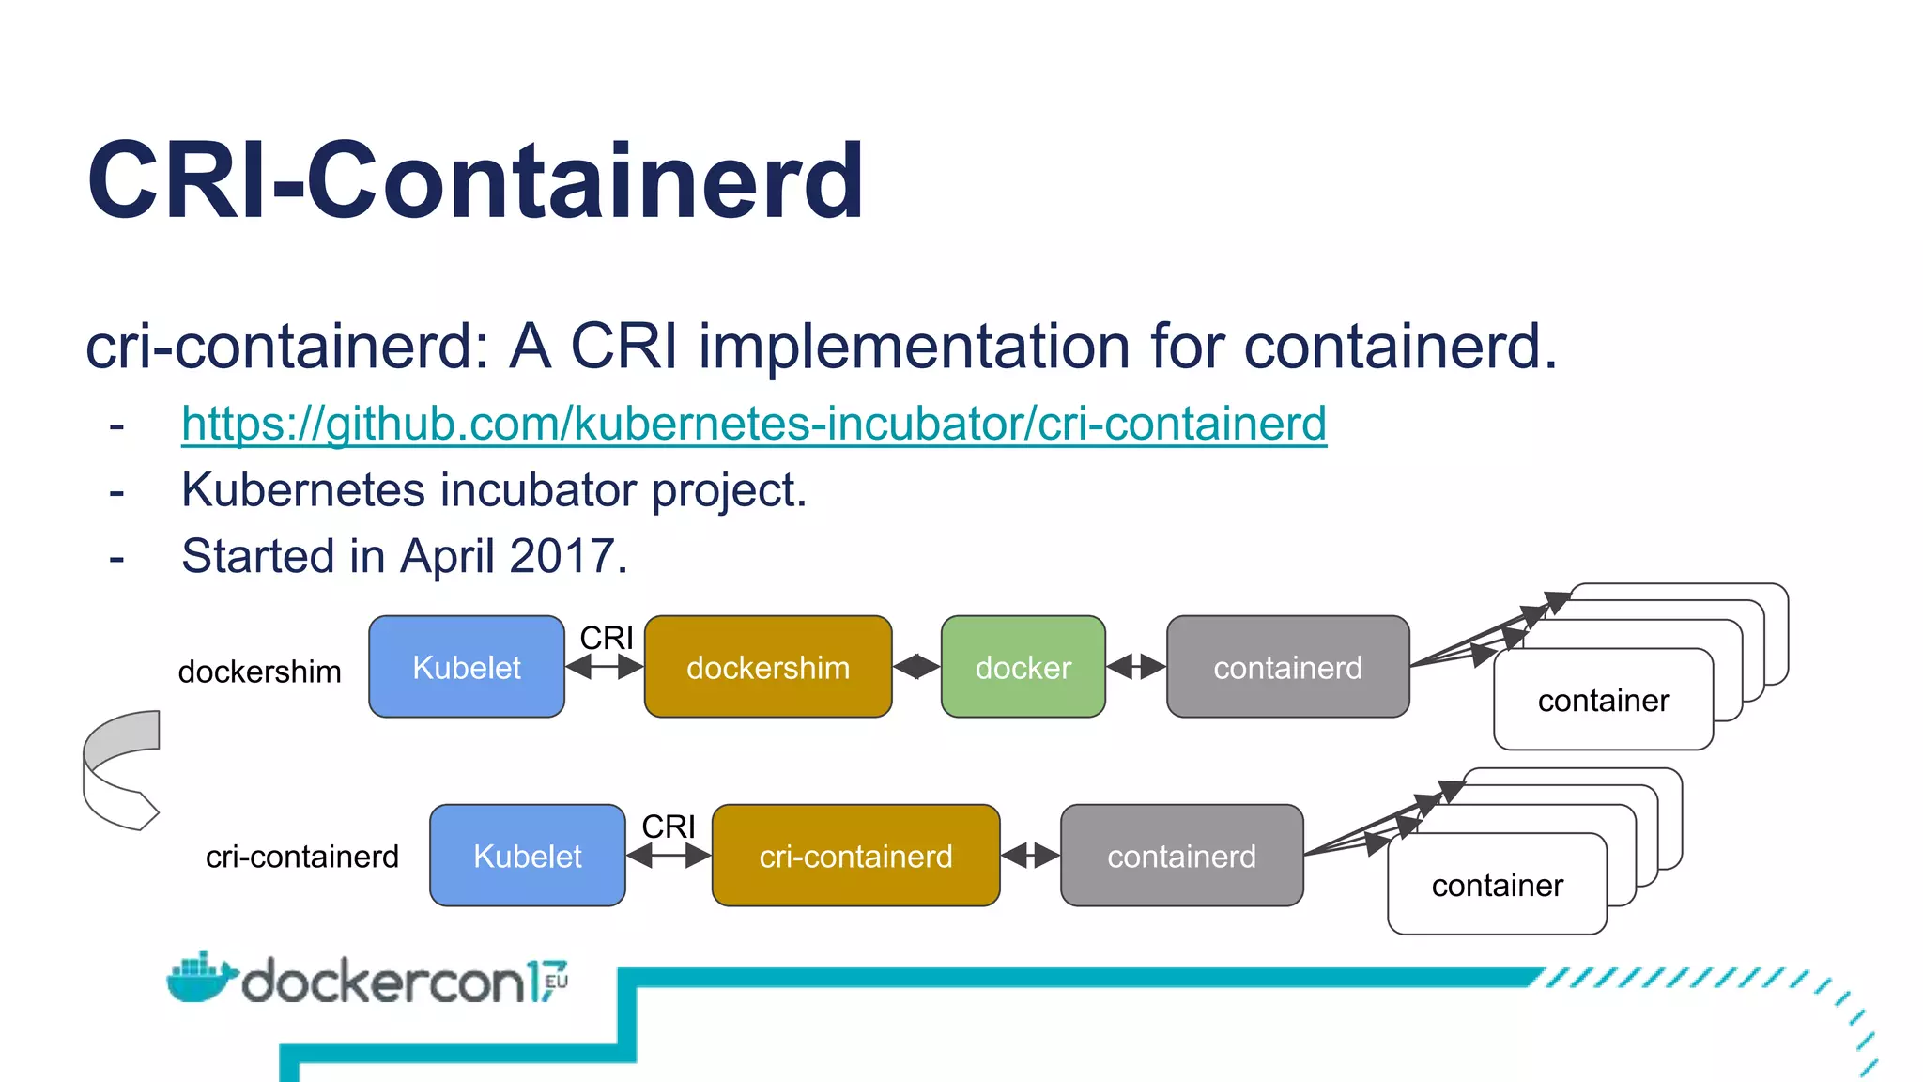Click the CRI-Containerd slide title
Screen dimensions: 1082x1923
(x=475, y=180)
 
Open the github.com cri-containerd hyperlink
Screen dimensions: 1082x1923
(x=753, y=424)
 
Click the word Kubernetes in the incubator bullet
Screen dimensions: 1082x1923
(x=302, y=490)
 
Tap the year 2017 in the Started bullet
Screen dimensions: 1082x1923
(x=562, y=556)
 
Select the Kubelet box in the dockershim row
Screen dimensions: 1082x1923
(x=467, y=668)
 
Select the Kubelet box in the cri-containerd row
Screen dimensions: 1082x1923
(x=528, y=857)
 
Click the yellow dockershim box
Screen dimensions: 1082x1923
(x=767, y=668)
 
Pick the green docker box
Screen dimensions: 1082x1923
(x=1023, y=668)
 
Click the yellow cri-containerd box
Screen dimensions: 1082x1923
(x=855, y=857)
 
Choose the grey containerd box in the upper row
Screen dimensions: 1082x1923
(x=1287, y=668)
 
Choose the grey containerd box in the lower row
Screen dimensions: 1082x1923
(x=1181, y=857)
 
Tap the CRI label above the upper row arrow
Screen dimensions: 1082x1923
(x=607, y=638)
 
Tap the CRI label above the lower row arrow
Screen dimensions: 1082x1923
(x=669, y=827)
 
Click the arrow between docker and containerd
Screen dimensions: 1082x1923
(x=1136, y=667)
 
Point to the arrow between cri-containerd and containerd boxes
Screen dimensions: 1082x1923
(x=1030, y=856)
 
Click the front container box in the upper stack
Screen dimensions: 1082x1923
(x=1603, y=701)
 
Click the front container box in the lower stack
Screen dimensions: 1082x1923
(x=1497, y=886)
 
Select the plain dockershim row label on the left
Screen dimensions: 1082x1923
(x=259, y=672)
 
